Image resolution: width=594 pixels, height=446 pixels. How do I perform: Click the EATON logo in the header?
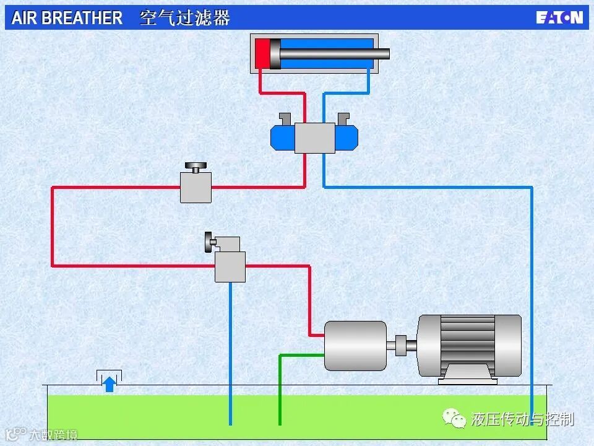[x=559, y=17]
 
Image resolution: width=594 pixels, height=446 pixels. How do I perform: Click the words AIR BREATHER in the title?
[x=67, y=18]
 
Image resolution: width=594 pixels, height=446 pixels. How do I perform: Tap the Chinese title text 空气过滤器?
[x=185, y=18]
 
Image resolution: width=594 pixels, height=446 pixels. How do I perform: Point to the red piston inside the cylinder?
[x=262, y=53]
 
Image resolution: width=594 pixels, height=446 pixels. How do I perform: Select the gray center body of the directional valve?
[x=314, y=138]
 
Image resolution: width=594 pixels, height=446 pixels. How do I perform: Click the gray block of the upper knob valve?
[x=196, y=187]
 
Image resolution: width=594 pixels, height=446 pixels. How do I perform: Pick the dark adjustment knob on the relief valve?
[x=209, y=242]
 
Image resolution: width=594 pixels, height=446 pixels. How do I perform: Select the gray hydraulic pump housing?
[x=355, y=346]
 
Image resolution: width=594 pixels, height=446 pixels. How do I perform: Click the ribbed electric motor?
[x=469, y=344]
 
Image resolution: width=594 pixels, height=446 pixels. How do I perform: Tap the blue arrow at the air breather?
[x=109, y=384]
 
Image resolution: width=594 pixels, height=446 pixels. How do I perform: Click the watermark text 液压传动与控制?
[x=522, y=419]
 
